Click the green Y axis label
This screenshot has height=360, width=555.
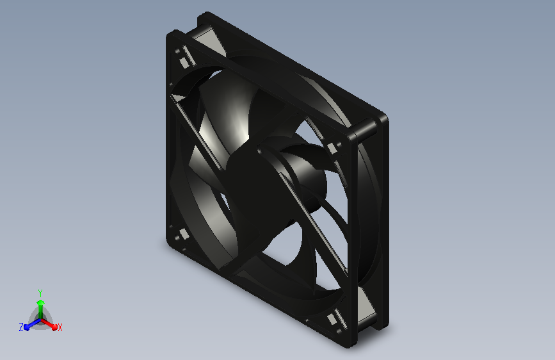(40, 293)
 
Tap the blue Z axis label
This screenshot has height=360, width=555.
(21, 327)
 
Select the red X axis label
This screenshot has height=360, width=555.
(60, 327)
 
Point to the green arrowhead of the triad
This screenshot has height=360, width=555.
(41, 303)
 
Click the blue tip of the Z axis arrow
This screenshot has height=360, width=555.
(26, 327)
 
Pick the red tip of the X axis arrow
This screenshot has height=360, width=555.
(54, 327)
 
